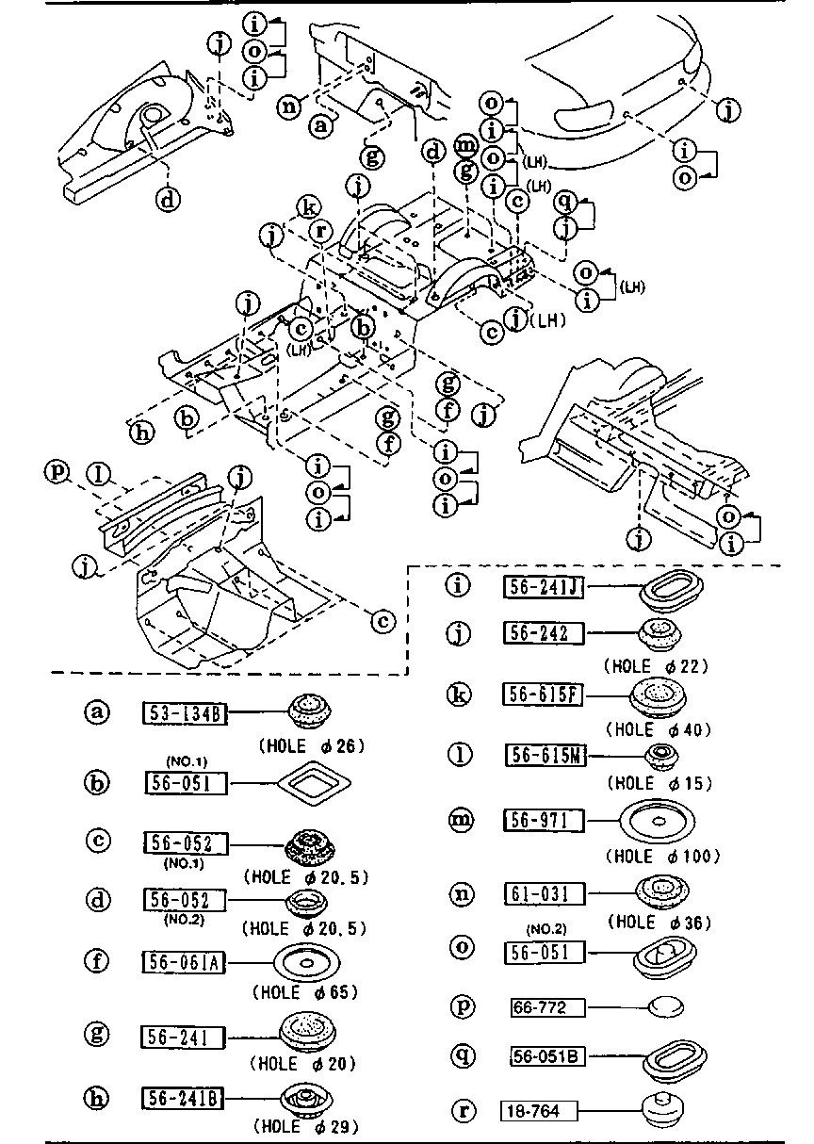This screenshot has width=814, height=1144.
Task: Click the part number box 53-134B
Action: pos(185,712)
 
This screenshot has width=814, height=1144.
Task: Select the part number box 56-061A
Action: pos(185,962)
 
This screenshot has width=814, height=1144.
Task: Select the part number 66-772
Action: pos(545,1007)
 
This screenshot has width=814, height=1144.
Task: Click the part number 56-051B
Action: pos(545,1056)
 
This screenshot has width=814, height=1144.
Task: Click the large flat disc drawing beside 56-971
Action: pos(659,820)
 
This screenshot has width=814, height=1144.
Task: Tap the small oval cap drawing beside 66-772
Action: pos(665,1006)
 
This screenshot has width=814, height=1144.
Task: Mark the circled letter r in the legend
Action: pos(462,1110)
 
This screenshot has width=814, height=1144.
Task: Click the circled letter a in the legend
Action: pos(97,712)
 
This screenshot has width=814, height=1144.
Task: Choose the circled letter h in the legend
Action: pos(97,1097)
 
